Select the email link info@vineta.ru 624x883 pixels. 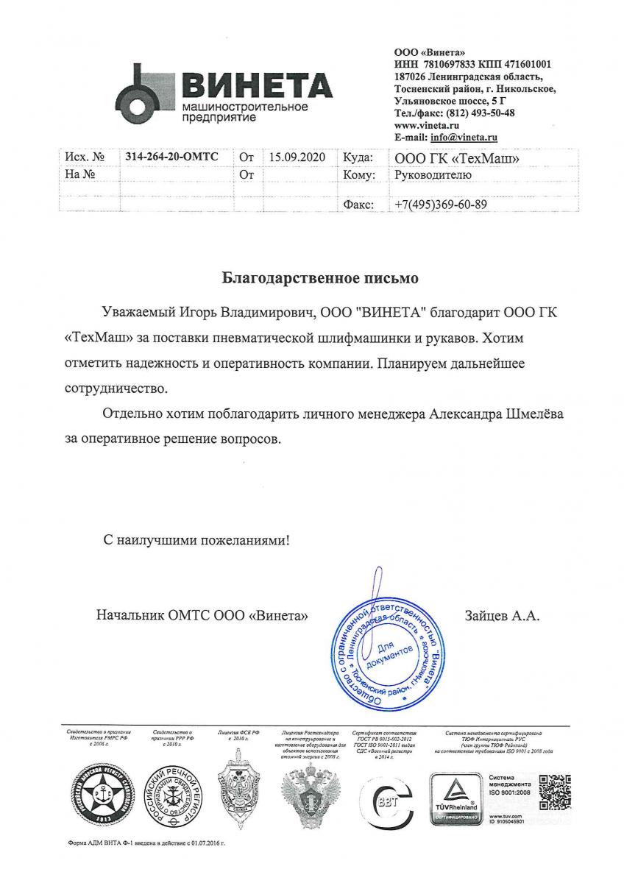tap(470, 138)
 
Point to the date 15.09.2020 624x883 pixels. tap(297, 157)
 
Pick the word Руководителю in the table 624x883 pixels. tap(428, 175)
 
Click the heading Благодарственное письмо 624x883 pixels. tap(320, 279)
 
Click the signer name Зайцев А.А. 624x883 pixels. tap(502, 615)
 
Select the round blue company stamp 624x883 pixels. tap(386, 646)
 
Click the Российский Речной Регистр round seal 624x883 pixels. tap(171, 797)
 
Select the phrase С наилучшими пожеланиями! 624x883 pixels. tap(196, 540)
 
